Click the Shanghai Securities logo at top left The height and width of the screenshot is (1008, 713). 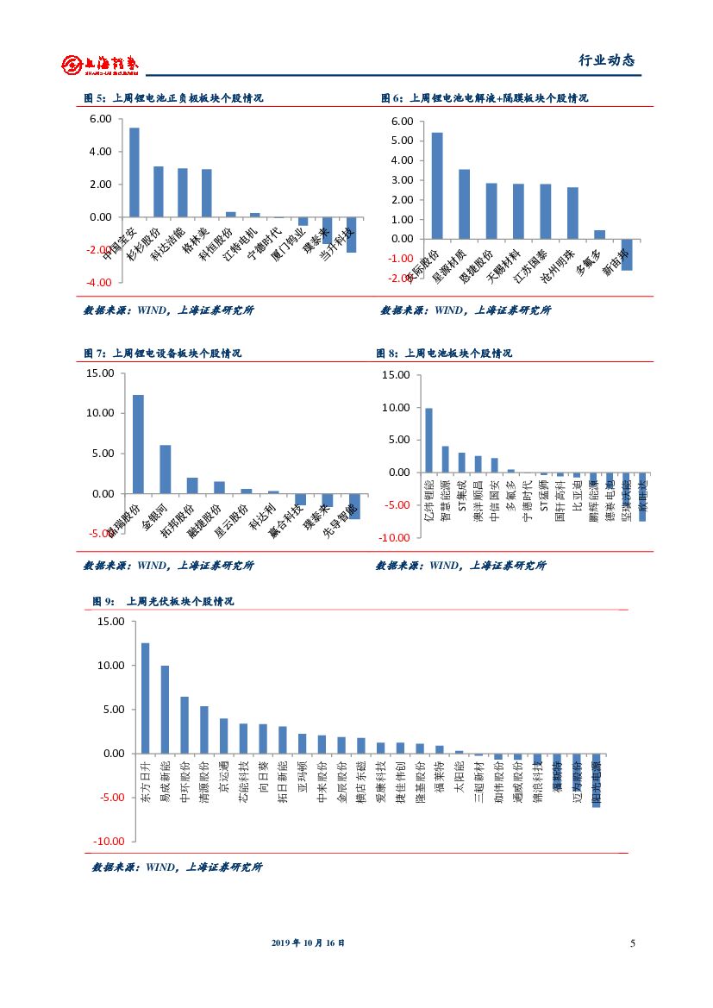coord(99,65)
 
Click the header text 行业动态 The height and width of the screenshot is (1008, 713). coord(606,60)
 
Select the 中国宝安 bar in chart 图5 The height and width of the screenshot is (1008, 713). coord(134,172)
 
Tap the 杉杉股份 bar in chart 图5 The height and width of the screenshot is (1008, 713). coord(159,191)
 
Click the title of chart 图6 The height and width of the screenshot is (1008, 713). coord(485,98)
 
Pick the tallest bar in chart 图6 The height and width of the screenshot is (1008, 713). coord(437,185)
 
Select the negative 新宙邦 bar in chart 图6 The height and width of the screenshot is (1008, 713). coord(627,254)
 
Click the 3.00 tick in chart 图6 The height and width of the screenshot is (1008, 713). coord(402,179)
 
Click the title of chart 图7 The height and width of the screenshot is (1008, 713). coord(162,354)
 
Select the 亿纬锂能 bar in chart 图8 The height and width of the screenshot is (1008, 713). coord(429,440)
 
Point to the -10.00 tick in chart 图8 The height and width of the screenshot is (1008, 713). coord(396,537)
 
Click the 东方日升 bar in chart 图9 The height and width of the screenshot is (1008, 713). coord(146,698)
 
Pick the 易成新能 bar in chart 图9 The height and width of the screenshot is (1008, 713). coord(165,709)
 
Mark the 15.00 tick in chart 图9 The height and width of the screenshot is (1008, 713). coord(111,621)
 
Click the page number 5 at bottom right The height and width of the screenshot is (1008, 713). coord(633,943)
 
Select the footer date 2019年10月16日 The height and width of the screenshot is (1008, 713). coord(308,943)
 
